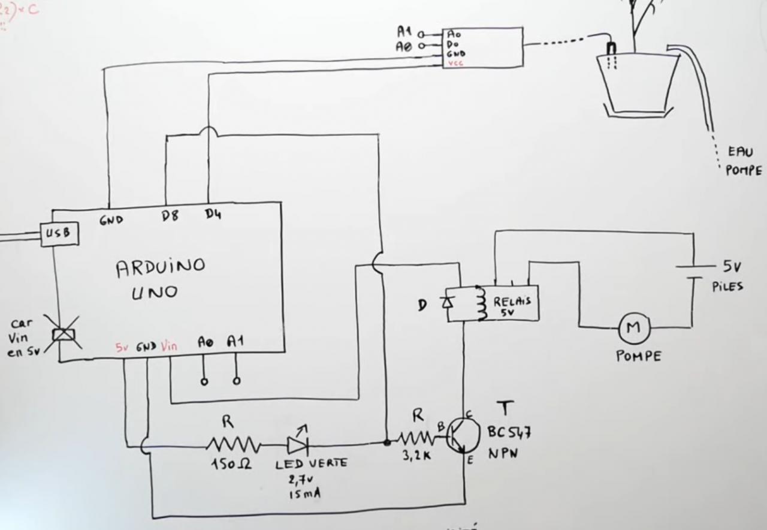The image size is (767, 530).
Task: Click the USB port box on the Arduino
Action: tap(59, 234)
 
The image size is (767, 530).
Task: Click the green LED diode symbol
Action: tap(298, 444)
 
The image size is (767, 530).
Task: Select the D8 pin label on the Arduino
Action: tap(171, 217)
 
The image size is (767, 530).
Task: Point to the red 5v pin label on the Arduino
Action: tap(122, 347)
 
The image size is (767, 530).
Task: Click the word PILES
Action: tap(727, 287)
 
